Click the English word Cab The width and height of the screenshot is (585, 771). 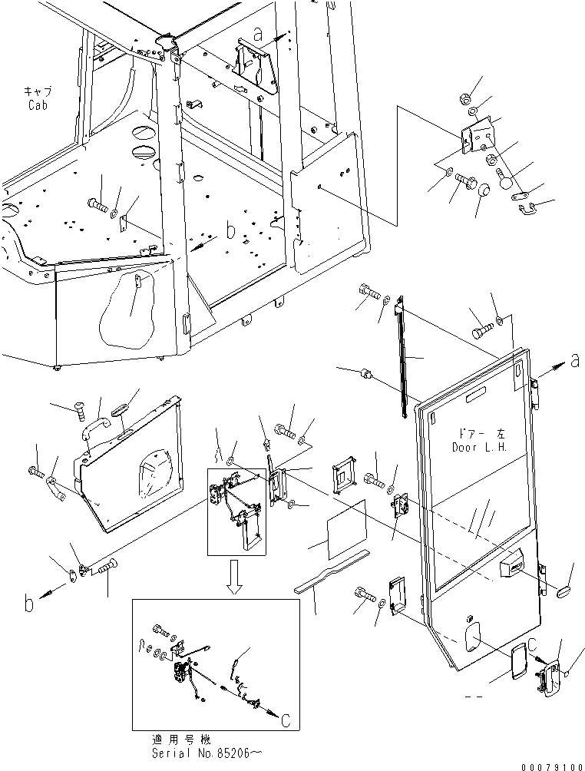[38, 105]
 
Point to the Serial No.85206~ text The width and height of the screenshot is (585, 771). [205, 755]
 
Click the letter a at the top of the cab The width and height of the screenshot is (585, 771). [258, 35]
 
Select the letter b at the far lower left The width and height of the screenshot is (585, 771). [29, 603]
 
